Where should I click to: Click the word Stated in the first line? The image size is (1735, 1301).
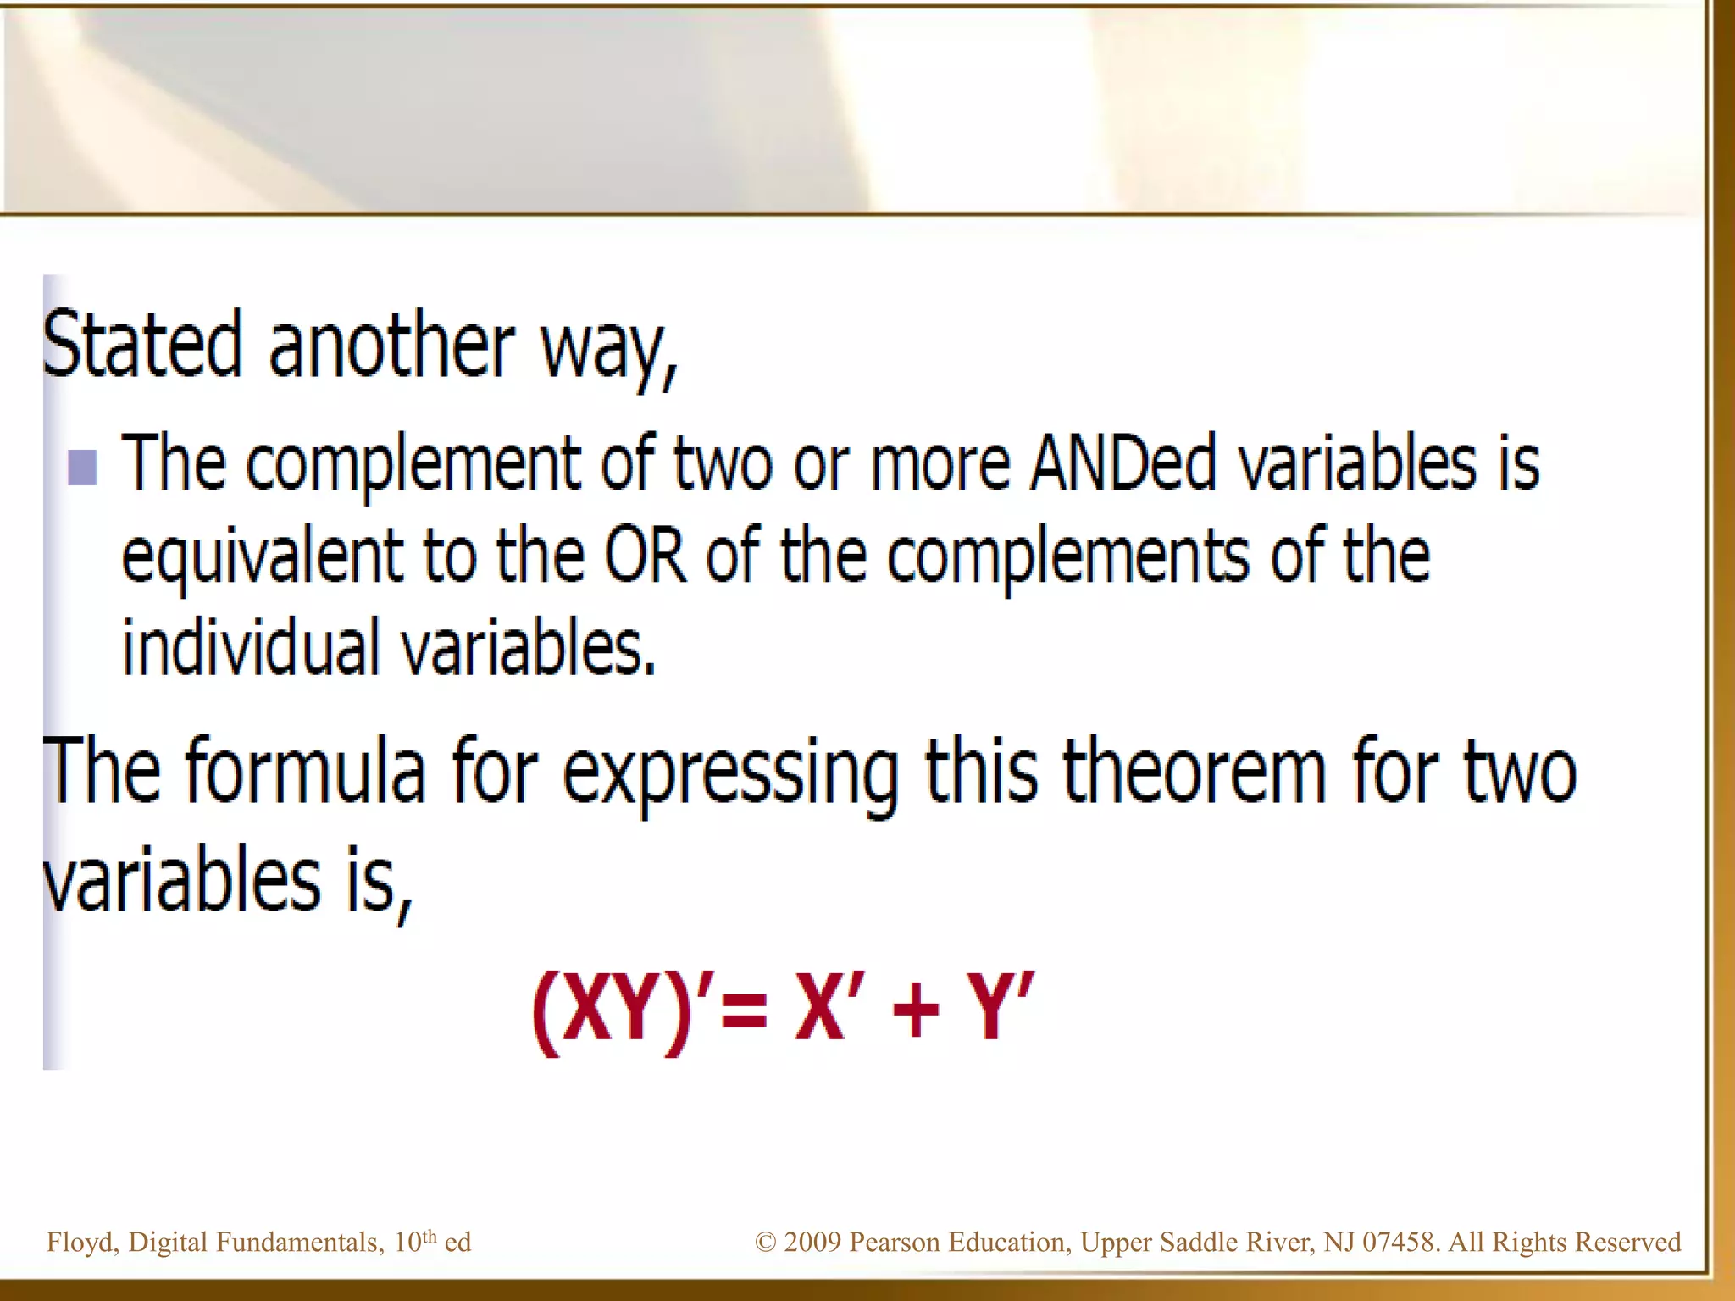point(142,345)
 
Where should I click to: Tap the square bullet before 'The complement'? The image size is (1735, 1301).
point(82,467)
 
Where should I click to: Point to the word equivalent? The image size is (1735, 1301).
point(262,558)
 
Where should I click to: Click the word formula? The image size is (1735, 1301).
point(305,770)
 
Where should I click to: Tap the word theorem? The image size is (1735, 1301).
point(1194,770)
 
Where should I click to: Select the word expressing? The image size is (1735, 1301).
point(730,772)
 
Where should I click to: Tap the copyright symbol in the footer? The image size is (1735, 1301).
point(765,1243)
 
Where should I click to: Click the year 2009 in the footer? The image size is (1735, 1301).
point(812,1243)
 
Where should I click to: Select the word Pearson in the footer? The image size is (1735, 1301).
point(895,1243)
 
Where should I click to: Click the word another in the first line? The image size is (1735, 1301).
point(391,345)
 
